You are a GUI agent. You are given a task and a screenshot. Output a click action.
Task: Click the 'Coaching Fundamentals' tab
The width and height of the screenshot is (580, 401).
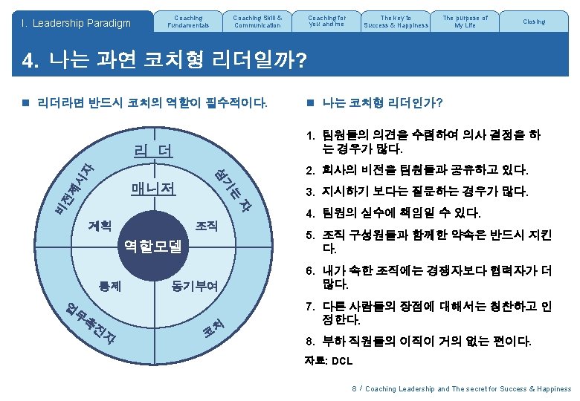click(x=189, y=21)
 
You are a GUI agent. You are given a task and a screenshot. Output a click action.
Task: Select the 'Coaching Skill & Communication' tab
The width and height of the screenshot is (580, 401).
click(x=257, y=21)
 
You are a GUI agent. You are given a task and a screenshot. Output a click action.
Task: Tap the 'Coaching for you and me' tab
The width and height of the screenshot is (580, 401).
click(x=326, y=21)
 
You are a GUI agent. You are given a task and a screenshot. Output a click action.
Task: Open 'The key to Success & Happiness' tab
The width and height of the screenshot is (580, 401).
click(x=396, y=21)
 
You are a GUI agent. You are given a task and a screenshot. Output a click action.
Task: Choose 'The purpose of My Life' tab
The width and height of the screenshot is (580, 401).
click(x=465, y=21)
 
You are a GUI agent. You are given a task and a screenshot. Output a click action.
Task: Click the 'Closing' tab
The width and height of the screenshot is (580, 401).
click(x=534, y=22)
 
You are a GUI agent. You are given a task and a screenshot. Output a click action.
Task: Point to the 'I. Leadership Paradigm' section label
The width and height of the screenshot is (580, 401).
click(x=76, y=23)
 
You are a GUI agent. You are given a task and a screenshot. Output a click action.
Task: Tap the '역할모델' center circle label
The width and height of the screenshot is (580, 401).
click(x=153, y=246)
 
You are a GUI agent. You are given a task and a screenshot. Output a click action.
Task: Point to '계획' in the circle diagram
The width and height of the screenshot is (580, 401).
click(x=100, y=224)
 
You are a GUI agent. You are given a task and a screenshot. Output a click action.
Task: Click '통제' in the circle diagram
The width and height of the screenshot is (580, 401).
click(x=111, y=284)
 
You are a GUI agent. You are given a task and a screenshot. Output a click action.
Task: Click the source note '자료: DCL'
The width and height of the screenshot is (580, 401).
click(x=329, y=361)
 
